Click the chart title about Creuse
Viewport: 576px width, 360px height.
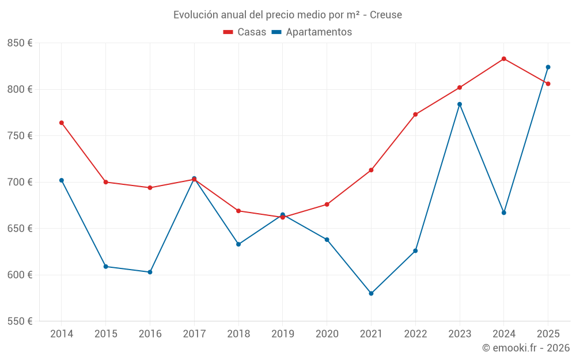(287, 14)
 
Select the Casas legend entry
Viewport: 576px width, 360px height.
(245, 32)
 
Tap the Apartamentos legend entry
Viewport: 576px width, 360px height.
(312, 32)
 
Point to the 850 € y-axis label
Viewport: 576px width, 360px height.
(20, 43)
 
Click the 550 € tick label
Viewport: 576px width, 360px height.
(20, 321)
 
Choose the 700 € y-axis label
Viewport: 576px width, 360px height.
(20, 182)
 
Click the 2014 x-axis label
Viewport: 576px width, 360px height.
(62, 334)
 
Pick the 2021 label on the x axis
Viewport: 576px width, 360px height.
(371, 334)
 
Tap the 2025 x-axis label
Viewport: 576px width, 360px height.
(548, 334)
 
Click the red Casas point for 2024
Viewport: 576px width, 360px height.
(504, 59)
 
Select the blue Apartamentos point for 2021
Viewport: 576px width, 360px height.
(371, 293)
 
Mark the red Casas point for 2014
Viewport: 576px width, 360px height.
(62, 123)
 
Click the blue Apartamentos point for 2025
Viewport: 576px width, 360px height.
(548, 67)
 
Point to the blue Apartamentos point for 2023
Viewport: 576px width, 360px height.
(460, 104)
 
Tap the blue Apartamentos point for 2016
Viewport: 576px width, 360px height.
(150, 272)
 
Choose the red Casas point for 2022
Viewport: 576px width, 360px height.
(415, 114)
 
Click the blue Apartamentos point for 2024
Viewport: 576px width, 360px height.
(504, 213)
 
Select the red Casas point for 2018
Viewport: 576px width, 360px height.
(238, 211)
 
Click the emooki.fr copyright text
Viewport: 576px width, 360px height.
(525, 348)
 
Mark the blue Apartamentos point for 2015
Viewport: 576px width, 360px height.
(106, 266)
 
